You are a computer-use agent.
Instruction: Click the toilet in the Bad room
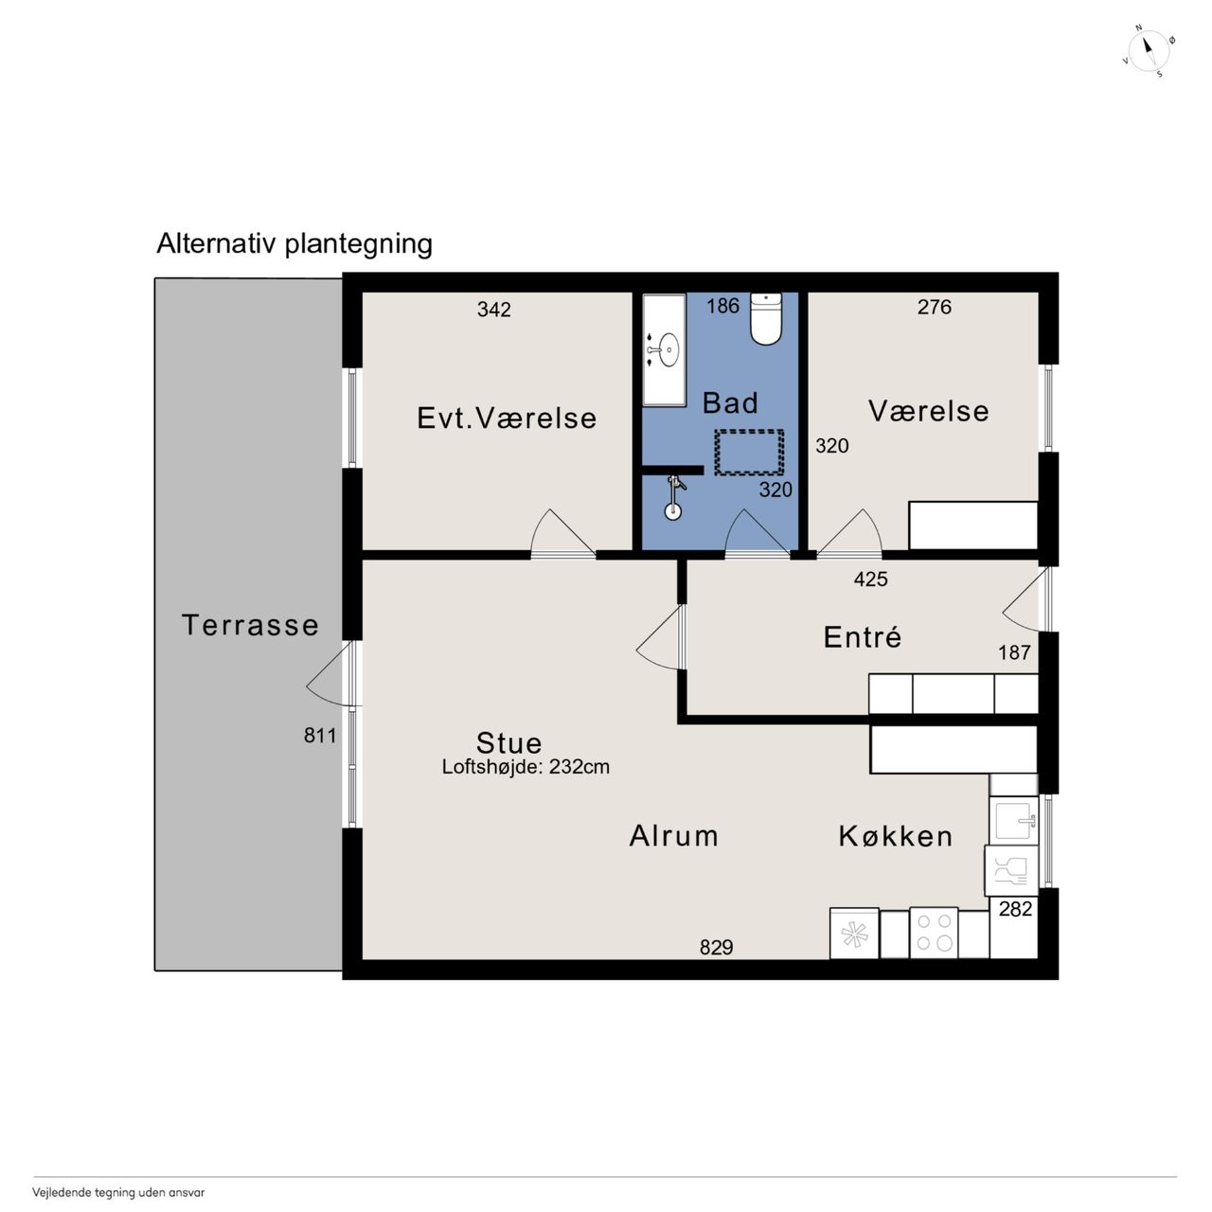(x=765, y=318)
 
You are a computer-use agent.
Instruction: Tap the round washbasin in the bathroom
(x=668, y=348)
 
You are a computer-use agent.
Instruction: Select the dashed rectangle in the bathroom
(x=749, y=453)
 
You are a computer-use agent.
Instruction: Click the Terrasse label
(x=250, y=625)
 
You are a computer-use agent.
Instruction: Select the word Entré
(x=863, y=636)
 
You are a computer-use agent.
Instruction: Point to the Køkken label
(x=896, y=836)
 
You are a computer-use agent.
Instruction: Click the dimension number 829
(x=717, y=947)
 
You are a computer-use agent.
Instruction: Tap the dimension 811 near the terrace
(x=320, y=736)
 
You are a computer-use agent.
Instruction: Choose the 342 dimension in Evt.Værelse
(x=493, y=310)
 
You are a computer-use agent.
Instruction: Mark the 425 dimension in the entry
(x=870, y=579)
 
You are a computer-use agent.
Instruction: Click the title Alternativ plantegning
(x=294, y=244)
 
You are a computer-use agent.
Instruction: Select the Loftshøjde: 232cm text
(x=526, y=767)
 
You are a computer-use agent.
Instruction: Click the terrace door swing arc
(x=327, y=676)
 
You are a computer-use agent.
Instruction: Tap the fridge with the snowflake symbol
(x=854, y=934)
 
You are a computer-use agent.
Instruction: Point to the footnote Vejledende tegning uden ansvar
(x=118, y=1192)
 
